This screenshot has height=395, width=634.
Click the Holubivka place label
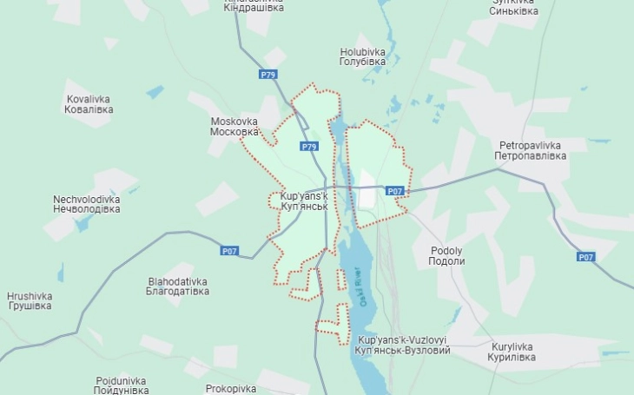tap(363, 56)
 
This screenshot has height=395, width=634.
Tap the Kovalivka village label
tap(89, 104)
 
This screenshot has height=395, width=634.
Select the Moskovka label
tap(234, 127)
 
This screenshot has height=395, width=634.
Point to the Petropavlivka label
tap(530, 150)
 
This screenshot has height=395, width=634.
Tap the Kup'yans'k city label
tap(303, 201)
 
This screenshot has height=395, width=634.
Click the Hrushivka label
tap(30, 301)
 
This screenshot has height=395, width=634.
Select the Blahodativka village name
tap(178, 286)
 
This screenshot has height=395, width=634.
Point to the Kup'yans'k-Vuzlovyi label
tap(403, 345)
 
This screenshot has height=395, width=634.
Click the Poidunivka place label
tap(121, 385)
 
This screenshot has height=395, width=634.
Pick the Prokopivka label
tap(230, 388)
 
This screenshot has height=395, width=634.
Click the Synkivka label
tap(513, 7)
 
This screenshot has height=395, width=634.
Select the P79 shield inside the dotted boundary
tap(309, 147)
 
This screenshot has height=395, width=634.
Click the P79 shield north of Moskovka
tap(267, 76)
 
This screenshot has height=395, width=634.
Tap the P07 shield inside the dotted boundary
tap(394, 191)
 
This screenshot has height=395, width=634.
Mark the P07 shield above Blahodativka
tap(228, 251)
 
